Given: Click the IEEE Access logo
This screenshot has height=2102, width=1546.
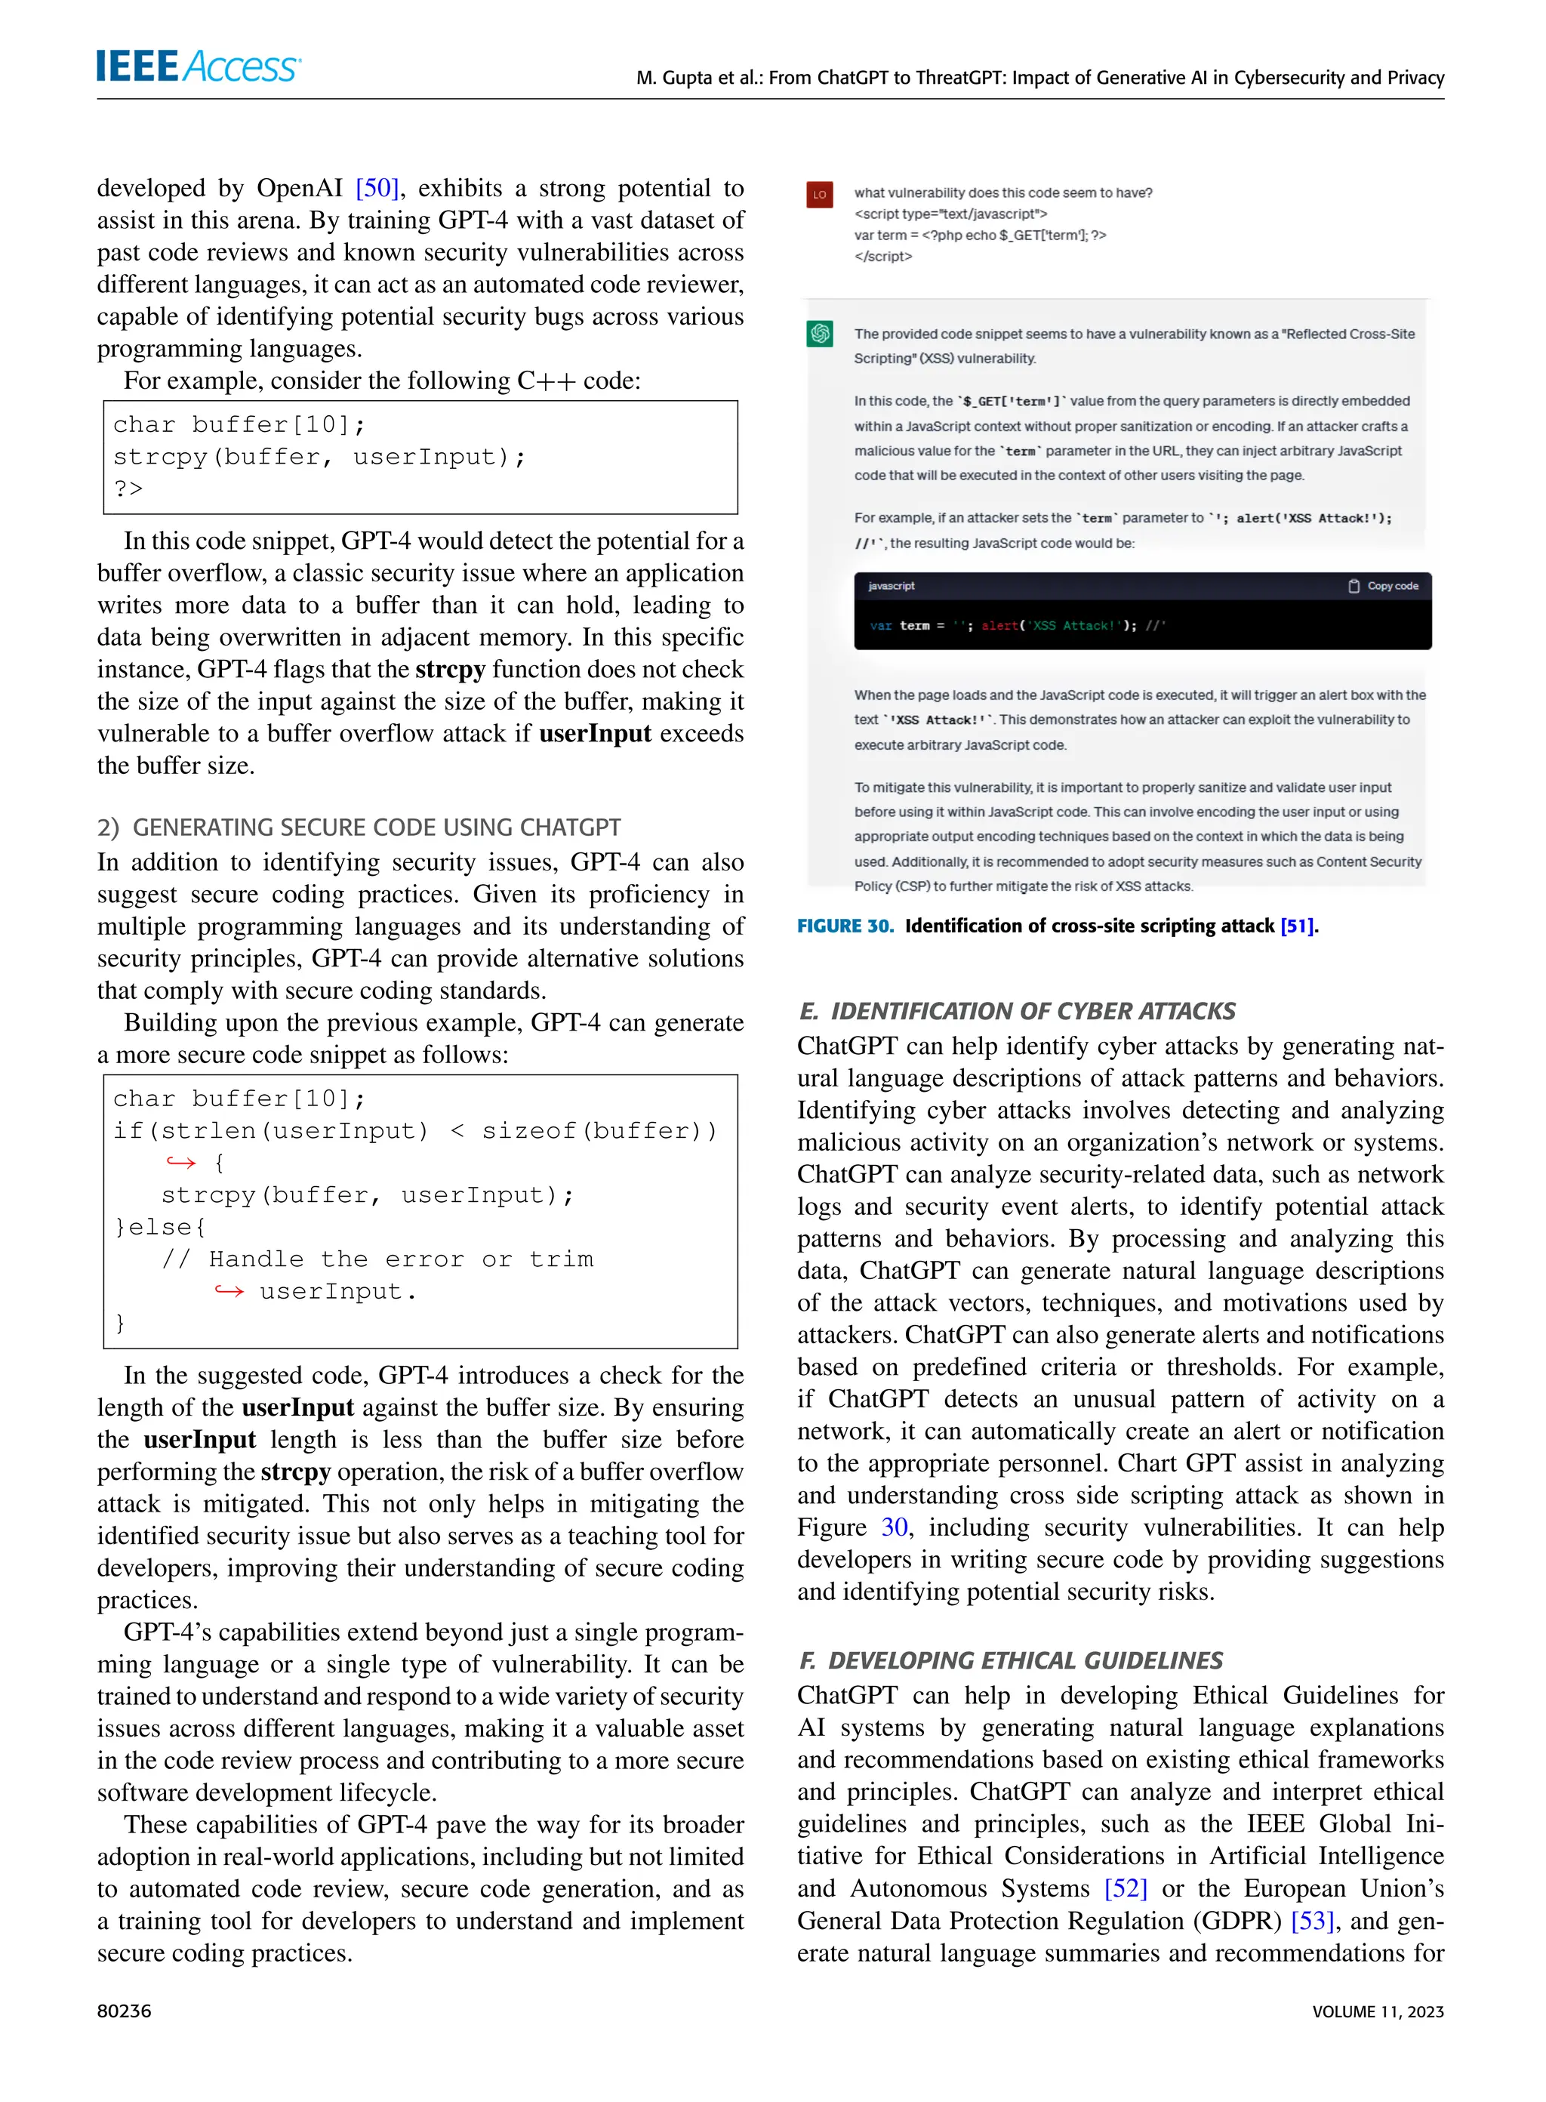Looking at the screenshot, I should [199, 66].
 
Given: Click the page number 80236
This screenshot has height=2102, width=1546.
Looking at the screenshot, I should [125, 2011].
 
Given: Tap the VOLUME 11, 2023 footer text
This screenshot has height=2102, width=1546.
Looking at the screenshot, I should [1378, 2011].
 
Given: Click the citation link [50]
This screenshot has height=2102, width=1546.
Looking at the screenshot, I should [377, 188].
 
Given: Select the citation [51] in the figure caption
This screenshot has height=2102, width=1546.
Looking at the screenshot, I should [1296, 926].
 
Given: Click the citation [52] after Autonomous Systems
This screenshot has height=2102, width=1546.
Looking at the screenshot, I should [1125, 1888].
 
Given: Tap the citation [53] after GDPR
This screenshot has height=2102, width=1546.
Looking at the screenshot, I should [1312, 1921].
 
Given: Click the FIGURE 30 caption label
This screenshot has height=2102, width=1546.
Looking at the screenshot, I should [845, 926].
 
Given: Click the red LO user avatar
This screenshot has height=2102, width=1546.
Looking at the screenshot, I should [819, 195].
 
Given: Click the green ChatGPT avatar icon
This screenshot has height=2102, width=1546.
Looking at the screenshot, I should [820, 333].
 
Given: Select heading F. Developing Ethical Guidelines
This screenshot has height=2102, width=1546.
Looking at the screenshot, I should [1011, 1660].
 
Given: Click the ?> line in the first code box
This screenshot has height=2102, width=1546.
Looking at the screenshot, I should [128, 489].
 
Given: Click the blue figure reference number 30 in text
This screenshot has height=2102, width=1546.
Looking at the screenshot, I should [894, 1527].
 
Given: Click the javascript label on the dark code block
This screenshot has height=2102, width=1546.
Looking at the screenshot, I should [891, 586].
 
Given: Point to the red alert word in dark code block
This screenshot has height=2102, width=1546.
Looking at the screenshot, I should [999, 625].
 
